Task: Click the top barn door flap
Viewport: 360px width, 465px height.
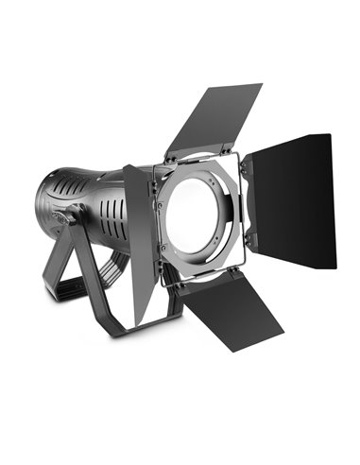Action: tap(215, 118)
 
